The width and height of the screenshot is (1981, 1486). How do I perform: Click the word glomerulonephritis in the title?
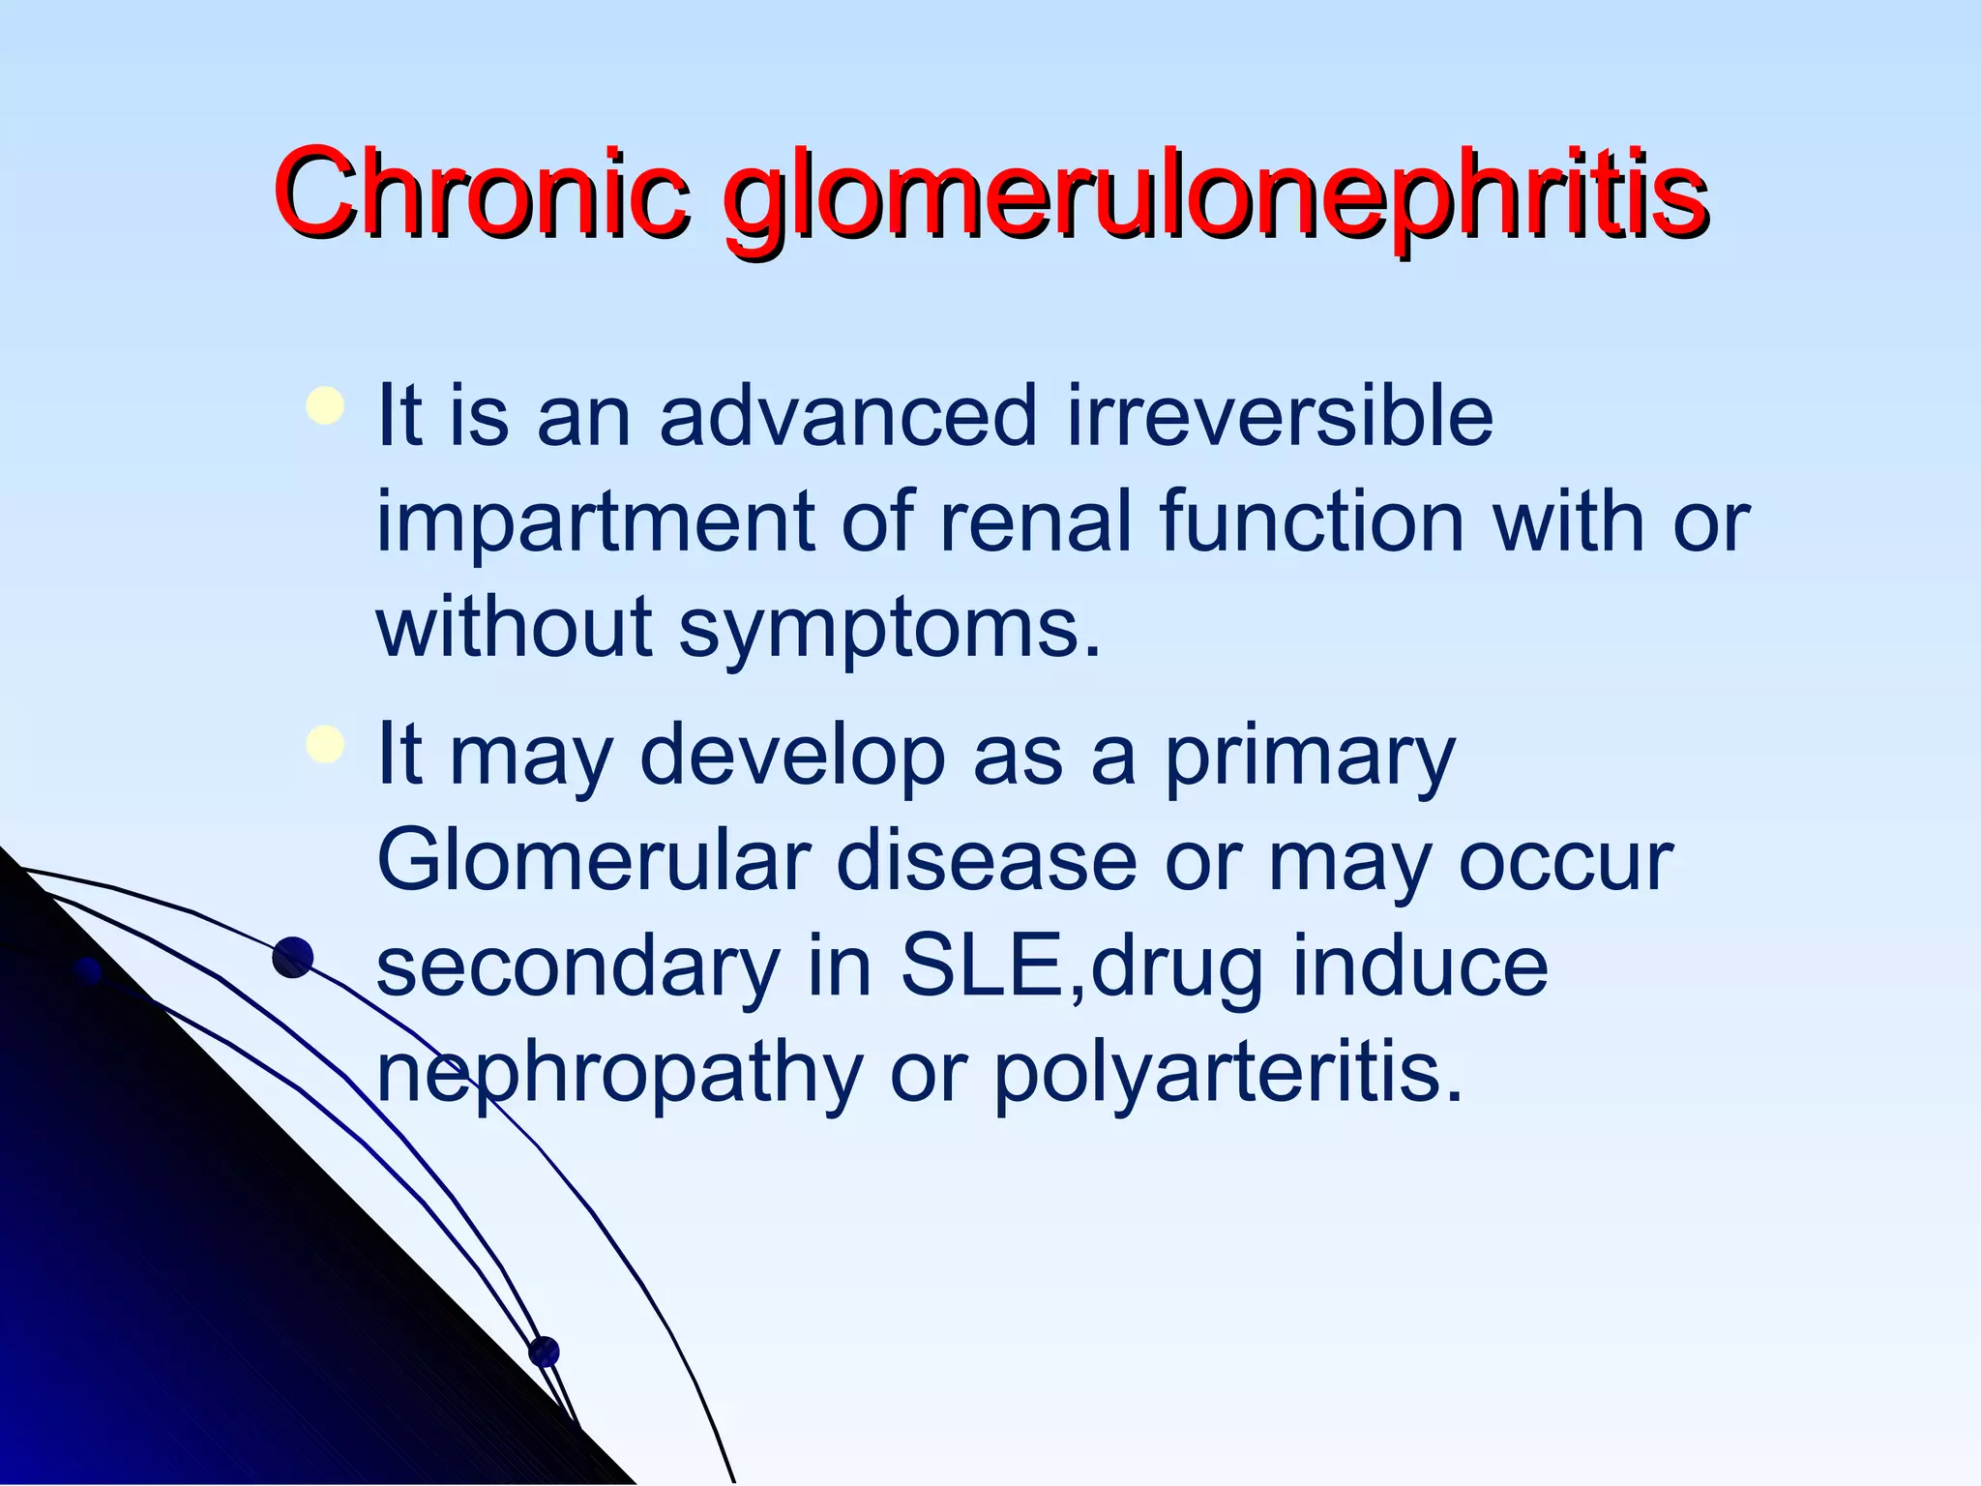(1215, 198)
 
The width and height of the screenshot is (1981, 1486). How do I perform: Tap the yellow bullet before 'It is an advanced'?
(324, 406)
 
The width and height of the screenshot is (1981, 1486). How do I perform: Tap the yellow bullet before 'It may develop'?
(324, 745)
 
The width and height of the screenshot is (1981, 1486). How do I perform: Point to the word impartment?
(594, 524)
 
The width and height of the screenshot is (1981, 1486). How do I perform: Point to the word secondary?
(577, 969)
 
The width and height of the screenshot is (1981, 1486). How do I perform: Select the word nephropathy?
(619, 1076)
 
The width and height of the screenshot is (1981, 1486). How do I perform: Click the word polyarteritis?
(1227, 1076)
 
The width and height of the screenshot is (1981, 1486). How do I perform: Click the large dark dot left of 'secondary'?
(293, 958)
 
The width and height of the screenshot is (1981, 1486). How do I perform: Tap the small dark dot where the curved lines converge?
(544, 1352)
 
